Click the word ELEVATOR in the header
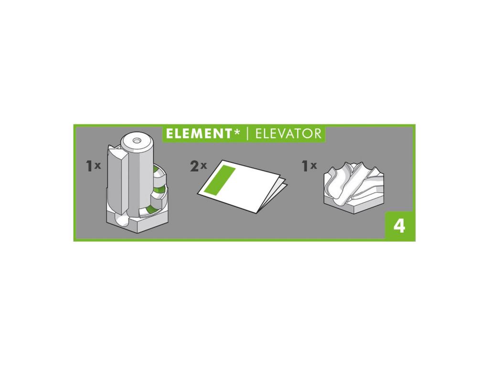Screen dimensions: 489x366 (288, 134)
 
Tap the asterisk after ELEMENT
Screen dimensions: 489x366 (237, 132)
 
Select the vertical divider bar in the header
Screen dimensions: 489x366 (248, 134)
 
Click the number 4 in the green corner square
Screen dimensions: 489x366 (400, 226)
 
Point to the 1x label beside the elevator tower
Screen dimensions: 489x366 (93, 166)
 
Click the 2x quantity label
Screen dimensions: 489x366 (198, 166)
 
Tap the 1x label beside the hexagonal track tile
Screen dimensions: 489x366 (309, 166)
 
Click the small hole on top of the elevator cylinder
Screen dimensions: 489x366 (136, 141)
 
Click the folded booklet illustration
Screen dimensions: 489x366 (242, 186)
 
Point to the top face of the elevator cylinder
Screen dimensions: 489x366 (136, 141)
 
